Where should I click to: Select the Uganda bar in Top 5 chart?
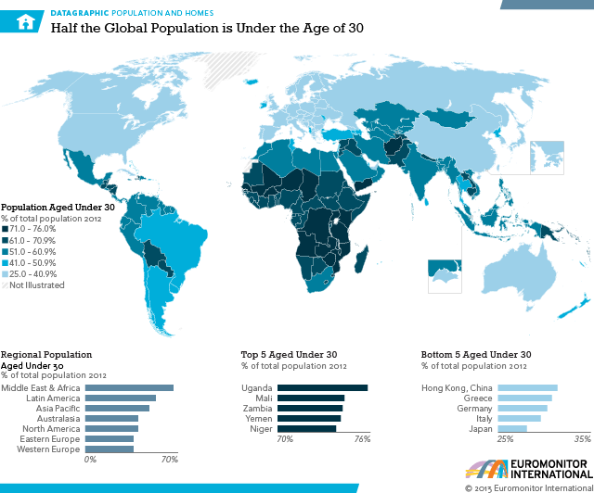pos(322,387)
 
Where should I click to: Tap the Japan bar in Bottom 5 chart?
pos(512,428)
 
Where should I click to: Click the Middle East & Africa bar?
pos(131,387)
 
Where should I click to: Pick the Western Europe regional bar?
pos(111,449)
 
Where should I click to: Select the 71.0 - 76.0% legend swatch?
pos(5,229)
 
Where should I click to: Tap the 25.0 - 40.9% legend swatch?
pos(5,274)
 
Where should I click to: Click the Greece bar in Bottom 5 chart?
pos(524,398)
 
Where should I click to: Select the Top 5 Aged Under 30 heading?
pos(289,354)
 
